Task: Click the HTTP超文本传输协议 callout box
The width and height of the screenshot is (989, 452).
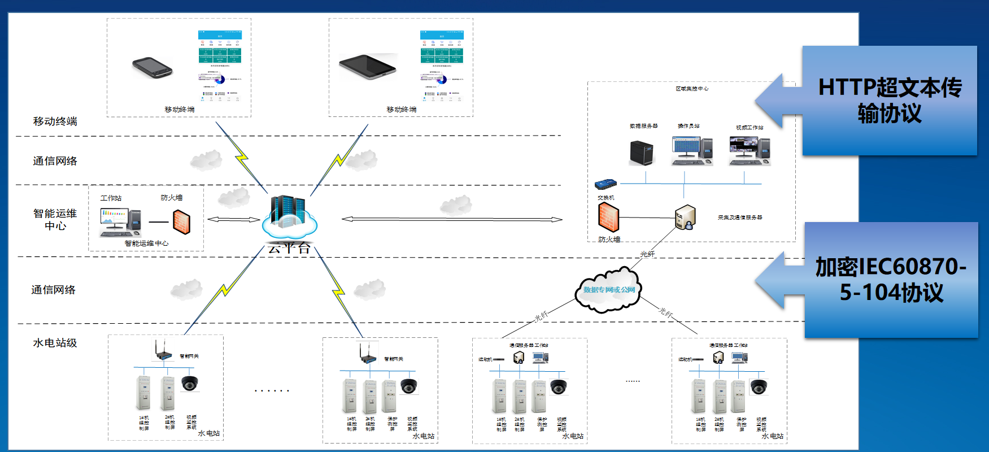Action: click(x=889, y=101)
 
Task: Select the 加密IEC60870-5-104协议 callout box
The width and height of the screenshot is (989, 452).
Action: click(x=891, y=280)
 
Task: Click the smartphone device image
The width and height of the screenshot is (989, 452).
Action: click(x=151, y=68)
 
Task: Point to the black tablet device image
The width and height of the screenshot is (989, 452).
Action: click(x=368, y=66)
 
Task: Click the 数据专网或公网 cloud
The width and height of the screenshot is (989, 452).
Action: click(x=608, y=290)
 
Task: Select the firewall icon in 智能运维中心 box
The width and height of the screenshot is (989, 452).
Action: click(x=181, y=221)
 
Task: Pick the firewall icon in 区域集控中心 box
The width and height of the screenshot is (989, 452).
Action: click(x=608, y=218)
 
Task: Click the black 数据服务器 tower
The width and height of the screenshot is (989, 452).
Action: click(x=642, y=151)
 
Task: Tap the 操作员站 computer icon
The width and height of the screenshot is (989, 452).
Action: click(x=692, y=150)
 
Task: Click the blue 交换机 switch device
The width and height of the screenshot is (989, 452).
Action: click(x=605, y=184)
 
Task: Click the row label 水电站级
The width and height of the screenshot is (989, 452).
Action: click(x=55, y=343)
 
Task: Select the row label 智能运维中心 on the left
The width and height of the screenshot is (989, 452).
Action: click(x=55, y=219)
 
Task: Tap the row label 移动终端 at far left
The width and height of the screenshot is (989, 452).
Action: click(x=55, y=121)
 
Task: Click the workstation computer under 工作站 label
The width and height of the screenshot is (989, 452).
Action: click(x=120, y=223)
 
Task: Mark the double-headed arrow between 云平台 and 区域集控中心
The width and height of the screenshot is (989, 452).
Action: click(x=452, y=219)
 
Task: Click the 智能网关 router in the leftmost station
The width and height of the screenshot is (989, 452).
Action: click(x=163, y=352)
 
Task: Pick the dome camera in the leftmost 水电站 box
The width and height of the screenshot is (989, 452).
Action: click(x=190, y=383)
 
